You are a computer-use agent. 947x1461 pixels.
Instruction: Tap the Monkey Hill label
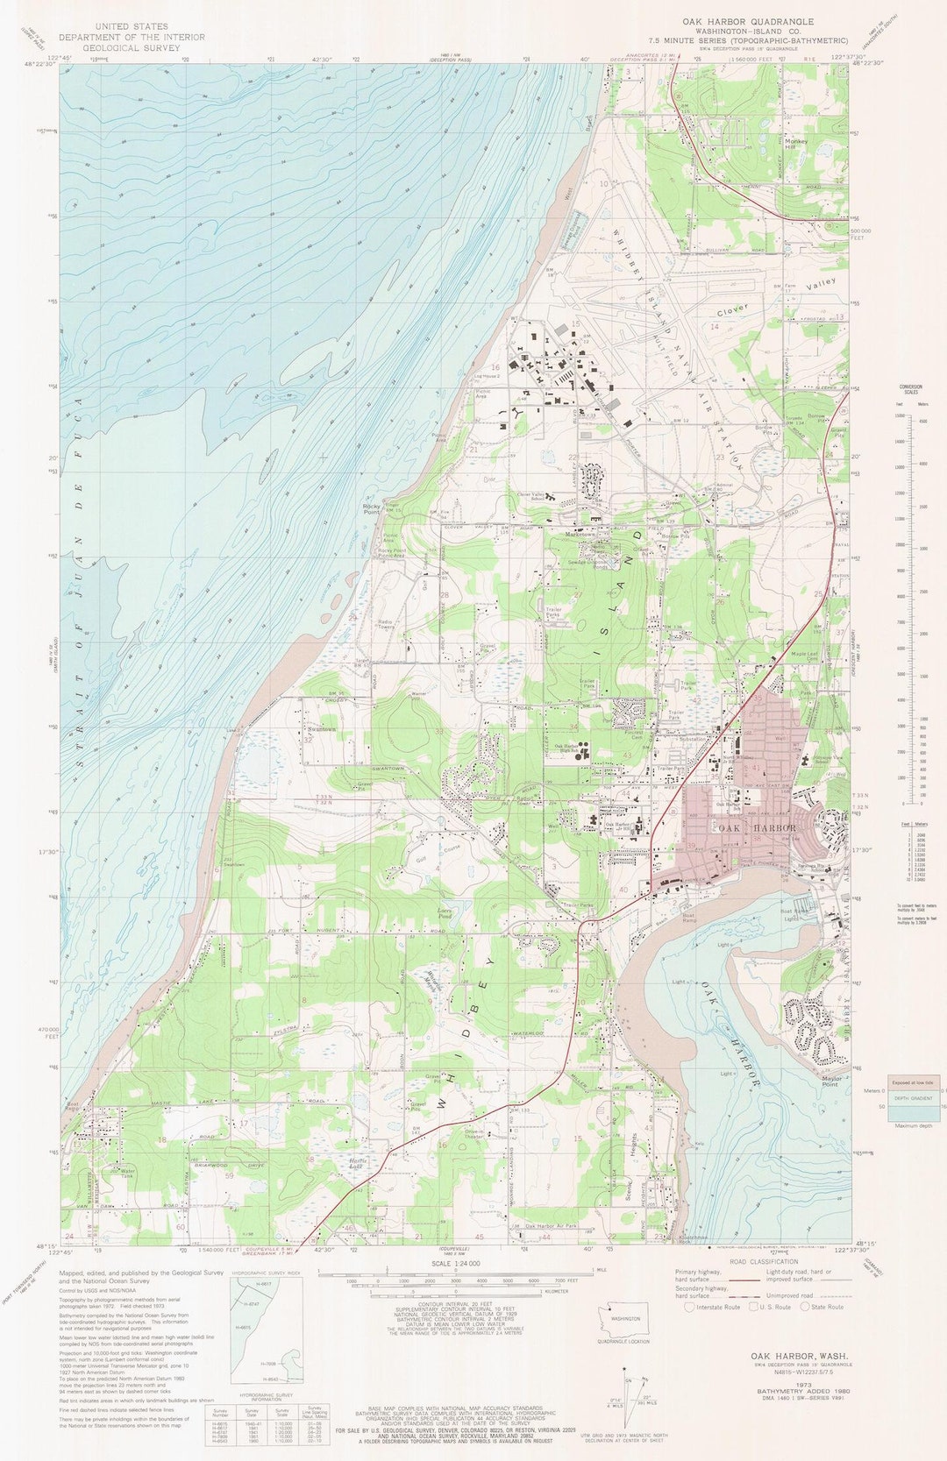click(796, 144)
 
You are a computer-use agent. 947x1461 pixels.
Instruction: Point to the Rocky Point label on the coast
click(372, 508)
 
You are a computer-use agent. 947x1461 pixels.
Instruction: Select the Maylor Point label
click(830, 1081)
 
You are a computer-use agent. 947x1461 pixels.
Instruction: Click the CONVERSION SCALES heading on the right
click(910, 388)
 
